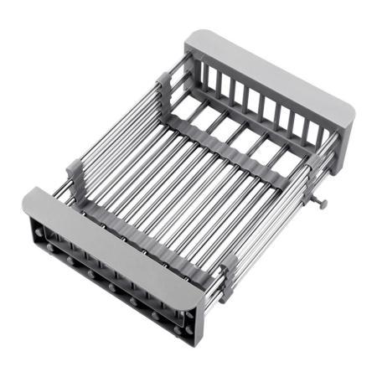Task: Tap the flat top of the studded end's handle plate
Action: point(109,239)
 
